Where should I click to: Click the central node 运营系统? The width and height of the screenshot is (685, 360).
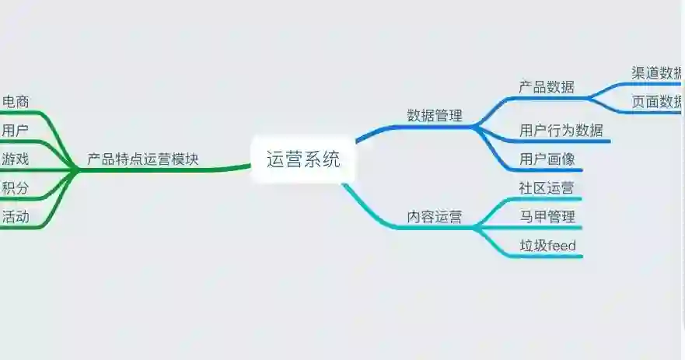click(303, 160)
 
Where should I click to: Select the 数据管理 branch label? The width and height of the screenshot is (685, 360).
click(434, 116)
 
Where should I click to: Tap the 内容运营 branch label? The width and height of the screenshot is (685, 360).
click(434, 217)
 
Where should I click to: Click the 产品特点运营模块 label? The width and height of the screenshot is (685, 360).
click(142, 159)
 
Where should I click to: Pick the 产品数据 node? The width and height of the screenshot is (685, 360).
click(546, 86)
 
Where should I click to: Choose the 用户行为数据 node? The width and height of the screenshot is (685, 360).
click(561, 130)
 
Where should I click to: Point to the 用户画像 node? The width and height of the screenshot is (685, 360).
click(547, 159)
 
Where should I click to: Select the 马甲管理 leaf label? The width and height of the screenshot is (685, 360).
click(547, 216)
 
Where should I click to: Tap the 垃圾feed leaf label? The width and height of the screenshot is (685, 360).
click(547, 246)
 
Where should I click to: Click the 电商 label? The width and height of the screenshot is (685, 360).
click(16, 101)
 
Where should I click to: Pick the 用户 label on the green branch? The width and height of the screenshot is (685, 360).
click(15, 130)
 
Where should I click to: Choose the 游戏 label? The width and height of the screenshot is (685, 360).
click(16, 159)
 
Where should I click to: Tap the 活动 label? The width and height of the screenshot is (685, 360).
click(16, 217)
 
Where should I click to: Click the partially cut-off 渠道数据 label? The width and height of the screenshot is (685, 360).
click(656, 73)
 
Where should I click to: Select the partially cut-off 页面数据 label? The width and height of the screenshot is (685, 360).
click(656, 102)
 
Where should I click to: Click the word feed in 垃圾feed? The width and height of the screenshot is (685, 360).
click(561, 246)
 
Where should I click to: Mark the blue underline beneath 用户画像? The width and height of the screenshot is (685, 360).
click(548, 170)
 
